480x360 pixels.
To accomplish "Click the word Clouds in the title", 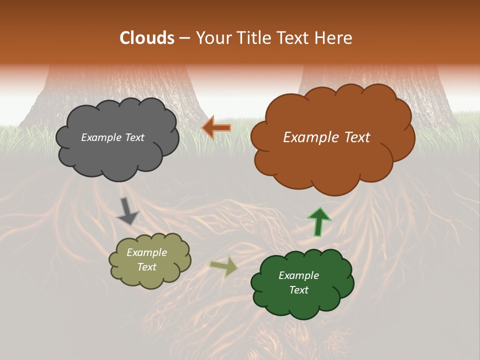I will (147, 38).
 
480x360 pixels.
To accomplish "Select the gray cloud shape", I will (117, 155).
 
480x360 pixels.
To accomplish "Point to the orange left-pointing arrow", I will (216, 127).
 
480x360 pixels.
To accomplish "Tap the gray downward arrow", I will (128, 211).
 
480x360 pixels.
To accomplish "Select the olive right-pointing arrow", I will (224, 266).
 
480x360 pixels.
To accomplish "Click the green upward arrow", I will (318, 221).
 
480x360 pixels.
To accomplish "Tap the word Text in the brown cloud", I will (353, 137).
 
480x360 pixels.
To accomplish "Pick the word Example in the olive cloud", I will (147, 252).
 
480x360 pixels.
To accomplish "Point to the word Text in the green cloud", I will (298, 290).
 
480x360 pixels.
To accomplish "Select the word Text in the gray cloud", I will (134, 137).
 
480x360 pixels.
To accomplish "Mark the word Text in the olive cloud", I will (147, 267).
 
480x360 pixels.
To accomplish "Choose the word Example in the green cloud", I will (298, 275).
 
